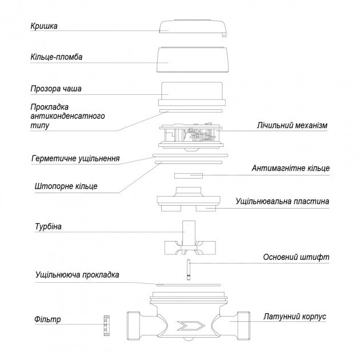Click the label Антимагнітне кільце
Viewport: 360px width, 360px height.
(x=290, y=168)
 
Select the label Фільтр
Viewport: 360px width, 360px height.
(x=46, y=319)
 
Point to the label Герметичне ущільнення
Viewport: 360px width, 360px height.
(x=75, y=158)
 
